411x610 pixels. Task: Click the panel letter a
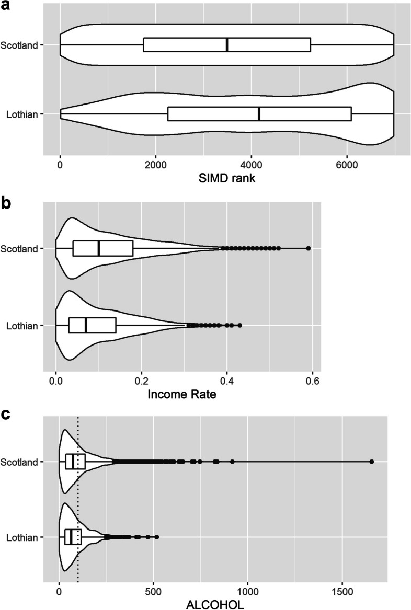pyautogui.click(x=7, y=7)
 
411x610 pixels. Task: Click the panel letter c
pyautogui.click(x=6, y=415)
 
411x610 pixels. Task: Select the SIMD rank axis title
pyautogui.click(x=227, y=178)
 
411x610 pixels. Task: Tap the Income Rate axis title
pyautogui.click(x=182, y=395)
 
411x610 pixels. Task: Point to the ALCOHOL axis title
pyautogui.click(x=215, y=604)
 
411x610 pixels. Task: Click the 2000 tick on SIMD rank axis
pyautogui.click(x=156, y=165)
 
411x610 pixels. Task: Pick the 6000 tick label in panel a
pyautogui.click(x=347, y=165)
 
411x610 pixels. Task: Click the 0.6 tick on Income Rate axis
pyautogui.click(x=313, y=381)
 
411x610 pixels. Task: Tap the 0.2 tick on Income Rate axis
pyautogui.click(x=142, y=381)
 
